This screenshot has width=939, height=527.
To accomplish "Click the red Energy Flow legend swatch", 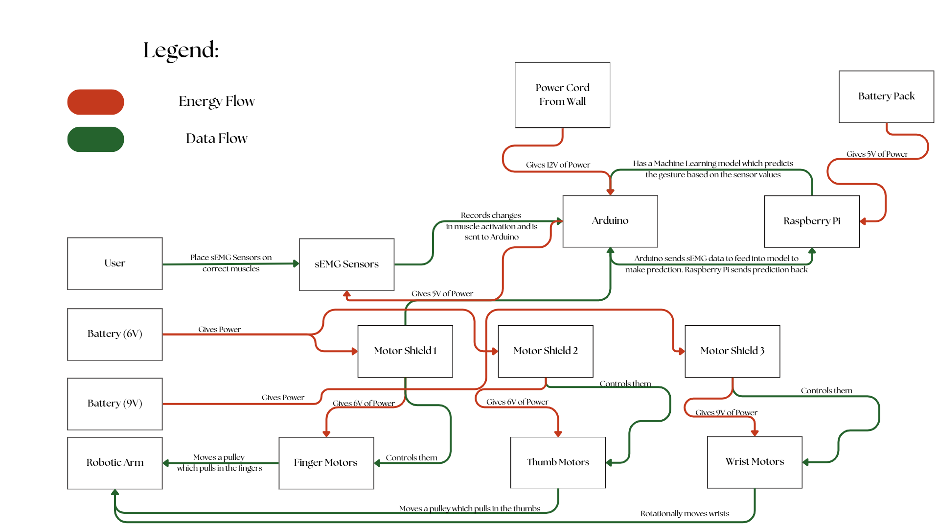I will (95, 102).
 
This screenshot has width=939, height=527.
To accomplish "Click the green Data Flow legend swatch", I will (95, 140).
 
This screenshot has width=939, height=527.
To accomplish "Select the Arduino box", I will (610, 221).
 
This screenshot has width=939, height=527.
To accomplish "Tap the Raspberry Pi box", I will (811, 221).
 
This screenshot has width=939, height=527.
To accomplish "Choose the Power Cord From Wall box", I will (562, 95).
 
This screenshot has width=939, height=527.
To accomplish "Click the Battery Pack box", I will (886, 96).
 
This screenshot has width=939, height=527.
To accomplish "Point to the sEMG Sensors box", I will (346, 264).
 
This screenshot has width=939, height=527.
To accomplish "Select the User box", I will (115, 263).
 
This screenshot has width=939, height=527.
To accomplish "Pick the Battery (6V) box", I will (115, 334).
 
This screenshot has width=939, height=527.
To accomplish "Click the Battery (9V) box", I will (115, 404).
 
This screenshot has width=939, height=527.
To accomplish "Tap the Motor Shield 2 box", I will (545, 351).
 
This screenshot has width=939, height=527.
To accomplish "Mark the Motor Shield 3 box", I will (732, 351).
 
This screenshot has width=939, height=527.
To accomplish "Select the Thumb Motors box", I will (558, 462).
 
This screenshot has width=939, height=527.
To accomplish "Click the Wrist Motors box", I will (754, 462).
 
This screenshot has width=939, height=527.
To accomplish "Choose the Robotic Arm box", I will (115, 463).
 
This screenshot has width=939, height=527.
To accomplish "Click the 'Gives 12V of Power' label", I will (558, 165).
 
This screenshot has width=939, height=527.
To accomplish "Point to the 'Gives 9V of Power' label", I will (726, 413).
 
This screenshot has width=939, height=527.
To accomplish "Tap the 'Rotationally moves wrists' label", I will (685, 514).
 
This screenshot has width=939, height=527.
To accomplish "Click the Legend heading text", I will (181, 50).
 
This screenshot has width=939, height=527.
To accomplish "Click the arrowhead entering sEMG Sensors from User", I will (296, 263).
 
